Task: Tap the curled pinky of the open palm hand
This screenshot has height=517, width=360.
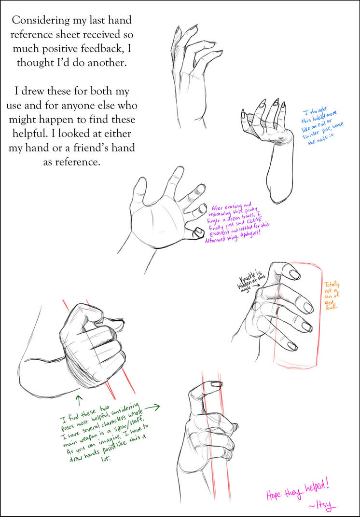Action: point(198,233)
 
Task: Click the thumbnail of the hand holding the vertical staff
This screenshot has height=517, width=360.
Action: point(216,384)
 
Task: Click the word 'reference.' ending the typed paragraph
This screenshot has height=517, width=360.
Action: point(71,162)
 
